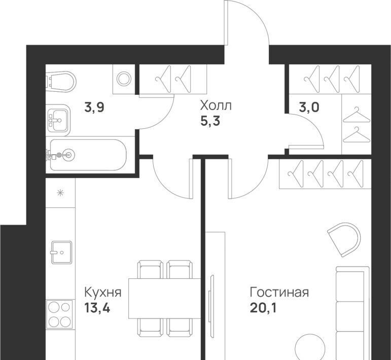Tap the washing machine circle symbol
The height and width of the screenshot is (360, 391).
124,79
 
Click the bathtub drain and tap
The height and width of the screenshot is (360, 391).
67,155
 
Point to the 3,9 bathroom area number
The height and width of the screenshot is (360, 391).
94,108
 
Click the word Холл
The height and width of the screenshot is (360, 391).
216,105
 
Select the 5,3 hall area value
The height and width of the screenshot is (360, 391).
210,121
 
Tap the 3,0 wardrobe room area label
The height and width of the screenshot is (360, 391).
309,108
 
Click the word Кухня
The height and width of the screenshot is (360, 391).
103,292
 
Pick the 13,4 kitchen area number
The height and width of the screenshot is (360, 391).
97,308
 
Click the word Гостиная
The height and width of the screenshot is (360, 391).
279,292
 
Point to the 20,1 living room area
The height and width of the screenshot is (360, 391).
263,308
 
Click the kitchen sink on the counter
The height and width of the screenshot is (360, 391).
61,253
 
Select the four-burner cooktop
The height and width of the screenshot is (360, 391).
59,314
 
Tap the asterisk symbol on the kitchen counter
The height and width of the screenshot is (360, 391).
60,193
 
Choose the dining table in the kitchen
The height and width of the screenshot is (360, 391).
165,299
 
